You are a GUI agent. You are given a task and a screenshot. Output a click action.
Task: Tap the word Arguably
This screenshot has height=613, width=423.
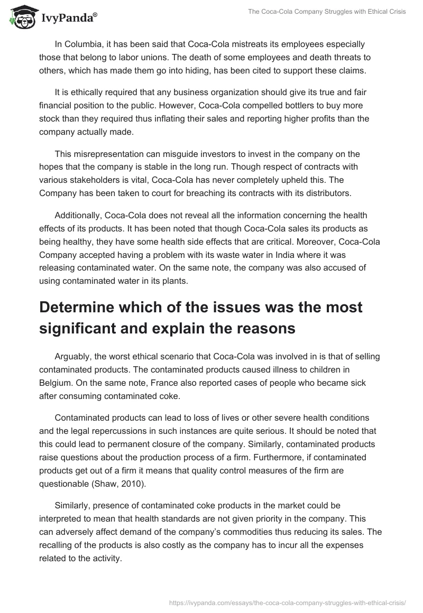coord(73,357)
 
